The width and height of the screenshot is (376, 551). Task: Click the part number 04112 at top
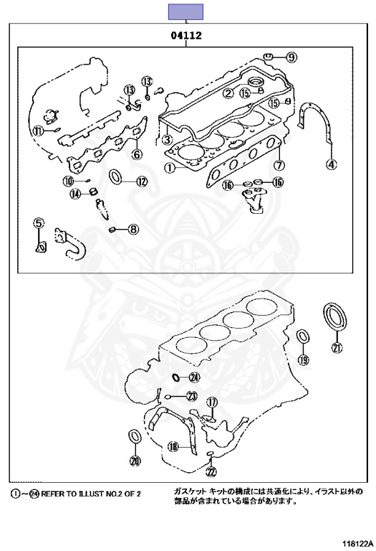click(186, 35)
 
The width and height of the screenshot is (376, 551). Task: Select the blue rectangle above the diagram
click(185, 11)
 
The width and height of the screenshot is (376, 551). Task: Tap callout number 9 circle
click(291, 57)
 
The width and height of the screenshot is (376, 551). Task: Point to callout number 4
click(331, 164)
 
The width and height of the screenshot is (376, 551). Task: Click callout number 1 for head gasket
click(170, 168)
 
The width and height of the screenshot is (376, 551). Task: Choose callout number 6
click(137, 154)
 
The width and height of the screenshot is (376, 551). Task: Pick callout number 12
click(141, 182)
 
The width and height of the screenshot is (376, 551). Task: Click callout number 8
click(133, 230)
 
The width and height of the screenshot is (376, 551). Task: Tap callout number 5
click(39, 223)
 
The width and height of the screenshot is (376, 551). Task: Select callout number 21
click(337, 348)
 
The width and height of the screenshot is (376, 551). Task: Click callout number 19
click(304, 359)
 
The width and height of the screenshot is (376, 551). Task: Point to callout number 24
click(194, 378)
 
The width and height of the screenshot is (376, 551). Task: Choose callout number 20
click(135, 461)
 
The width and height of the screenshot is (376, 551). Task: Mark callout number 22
click(211, 472)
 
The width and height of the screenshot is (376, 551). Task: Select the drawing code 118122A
click(359, 543)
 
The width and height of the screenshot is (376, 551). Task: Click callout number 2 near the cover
click(228, 93)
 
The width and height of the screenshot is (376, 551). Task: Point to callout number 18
click(173, 447)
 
